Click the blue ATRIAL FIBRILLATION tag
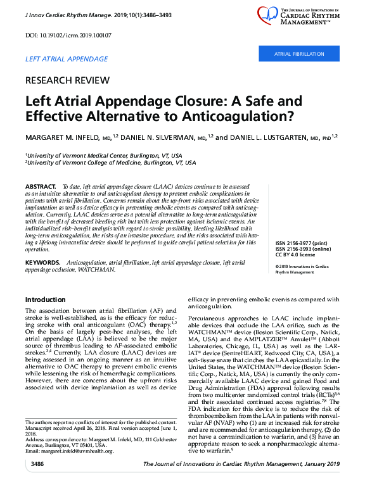(x=298, y=54)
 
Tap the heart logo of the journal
(x=269, y=15)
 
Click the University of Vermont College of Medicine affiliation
(x=112, y=163)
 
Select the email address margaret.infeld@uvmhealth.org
(x=70, y=451)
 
